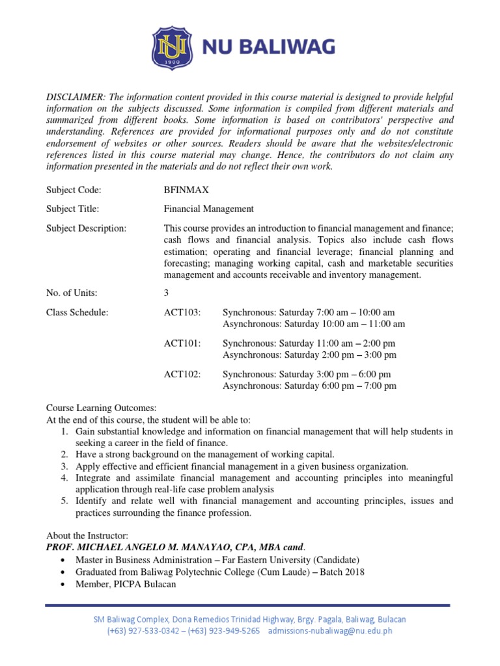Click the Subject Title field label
click(72, 209)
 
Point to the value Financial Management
click(208, 209)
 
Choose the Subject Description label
click(86, 228)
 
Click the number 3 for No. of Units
click(167, 293)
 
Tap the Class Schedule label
click(77, 313)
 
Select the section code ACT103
click(182, 313)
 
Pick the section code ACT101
click(182, 343)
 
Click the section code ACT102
click(182, 374)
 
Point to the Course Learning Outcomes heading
click(101, 408)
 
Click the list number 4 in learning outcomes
click(64, 478)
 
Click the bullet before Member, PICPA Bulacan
click(62, 585)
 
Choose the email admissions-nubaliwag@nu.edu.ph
click(330, 631)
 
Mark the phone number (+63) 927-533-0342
click(143, 631)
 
